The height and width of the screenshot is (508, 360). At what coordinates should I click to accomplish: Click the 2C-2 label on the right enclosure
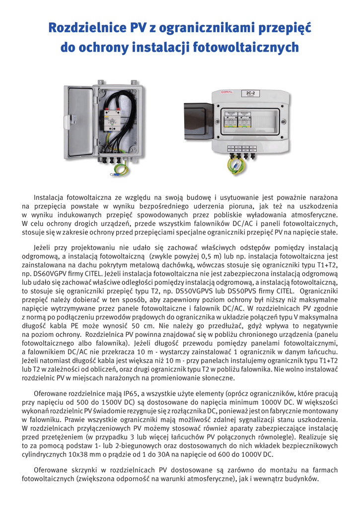pos(251,93)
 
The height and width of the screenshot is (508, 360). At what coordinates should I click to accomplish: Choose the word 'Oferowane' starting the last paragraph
pos(51,470)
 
